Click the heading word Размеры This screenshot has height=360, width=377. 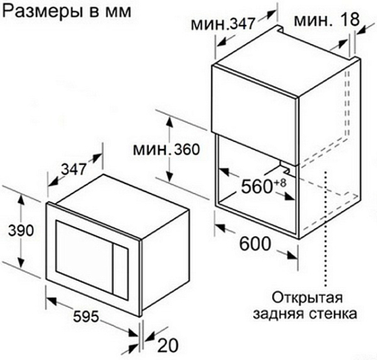pos(40,12)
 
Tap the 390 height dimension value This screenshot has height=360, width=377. pos(21,231)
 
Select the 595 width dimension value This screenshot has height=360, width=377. pos(86,317)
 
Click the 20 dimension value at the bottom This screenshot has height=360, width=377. pos(168,345)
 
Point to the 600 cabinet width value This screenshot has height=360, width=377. pos(255,244)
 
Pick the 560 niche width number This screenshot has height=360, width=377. pos(257,187)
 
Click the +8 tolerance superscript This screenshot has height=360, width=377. pos(280,183)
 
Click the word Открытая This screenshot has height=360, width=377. pos(307,298)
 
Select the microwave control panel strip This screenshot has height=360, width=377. pos(120,272)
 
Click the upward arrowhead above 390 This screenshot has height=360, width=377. pos(22,200)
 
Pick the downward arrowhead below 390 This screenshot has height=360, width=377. pos(22,262)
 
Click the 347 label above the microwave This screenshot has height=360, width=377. pos(74,169)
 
